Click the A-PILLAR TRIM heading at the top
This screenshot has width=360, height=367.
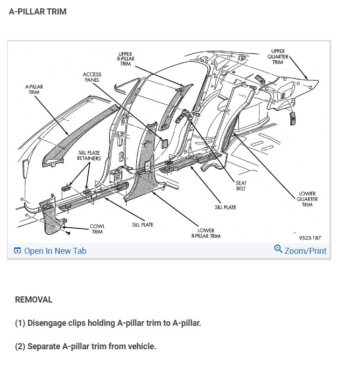tap(38, 12)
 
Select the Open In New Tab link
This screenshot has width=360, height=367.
tap(55, 251)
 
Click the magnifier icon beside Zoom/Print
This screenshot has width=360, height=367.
tap(278, 249)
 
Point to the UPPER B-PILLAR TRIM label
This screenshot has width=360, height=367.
tap(126, 59)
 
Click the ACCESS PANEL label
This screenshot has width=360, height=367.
tap(92, 77)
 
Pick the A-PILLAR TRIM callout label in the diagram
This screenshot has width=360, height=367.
tap(34, 89)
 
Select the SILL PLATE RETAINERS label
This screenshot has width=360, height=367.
tap(89, 156)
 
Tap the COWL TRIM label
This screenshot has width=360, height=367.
tap(97, 229)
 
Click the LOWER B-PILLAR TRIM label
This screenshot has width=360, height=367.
tap(206, 233)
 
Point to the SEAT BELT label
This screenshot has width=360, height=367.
tap(241, 186)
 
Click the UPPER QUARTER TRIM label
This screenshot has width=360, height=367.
tap(278, 57)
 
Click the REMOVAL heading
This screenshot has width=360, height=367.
tap(34, 300)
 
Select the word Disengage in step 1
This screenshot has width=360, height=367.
tap(47, 323)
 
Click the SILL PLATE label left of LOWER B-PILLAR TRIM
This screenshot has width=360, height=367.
tap(143, 225)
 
